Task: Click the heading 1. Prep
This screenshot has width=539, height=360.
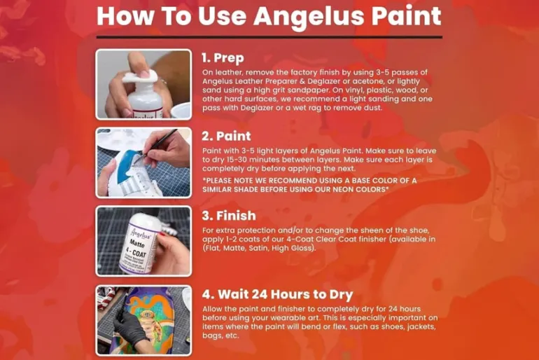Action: tap(223, 57)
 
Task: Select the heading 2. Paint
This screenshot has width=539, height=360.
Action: tap(226, 136)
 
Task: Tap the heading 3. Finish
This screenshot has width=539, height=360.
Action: tap(229, 216)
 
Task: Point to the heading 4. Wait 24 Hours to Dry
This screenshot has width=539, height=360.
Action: tap(277, 294)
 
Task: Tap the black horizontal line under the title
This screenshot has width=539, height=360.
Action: tap(269, 37)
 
